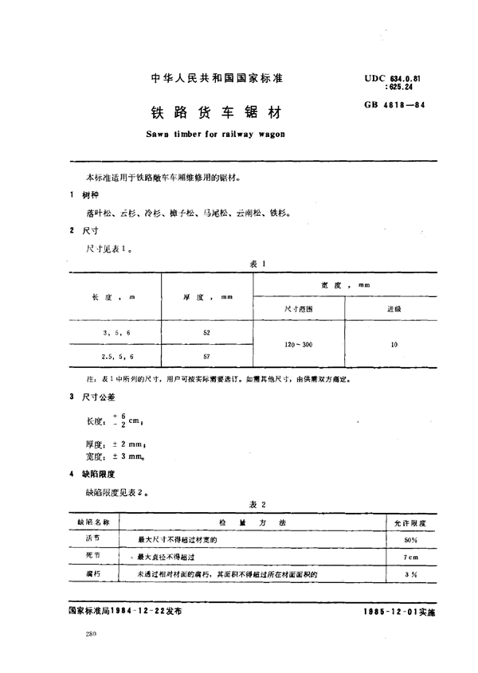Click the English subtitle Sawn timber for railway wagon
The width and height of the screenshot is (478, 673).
[205, 135]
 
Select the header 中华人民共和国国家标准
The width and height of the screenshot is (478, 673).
[206, 79]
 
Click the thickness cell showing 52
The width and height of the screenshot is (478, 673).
[206, 331]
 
